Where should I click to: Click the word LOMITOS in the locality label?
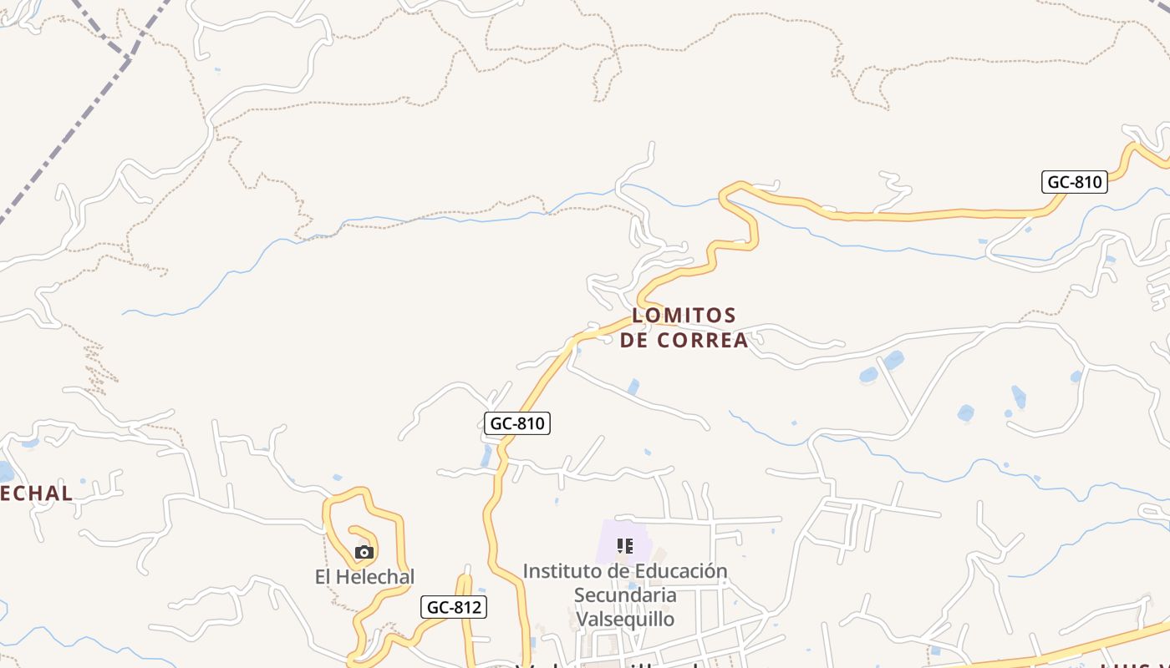684,316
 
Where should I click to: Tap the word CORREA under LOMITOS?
702,341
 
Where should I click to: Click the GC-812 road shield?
453,607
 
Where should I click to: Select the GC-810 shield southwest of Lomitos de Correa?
517,423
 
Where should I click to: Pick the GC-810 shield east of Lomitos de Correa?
1075,182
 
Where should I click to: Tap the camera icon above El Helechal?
364,552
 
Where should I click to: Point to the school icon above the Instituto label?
624,547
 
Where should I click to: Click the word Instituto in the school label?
561,572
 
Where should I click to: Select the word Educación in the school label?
681,572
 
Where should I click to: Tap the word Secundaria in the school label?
625,595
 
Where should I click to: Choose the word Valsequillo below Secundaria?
625,620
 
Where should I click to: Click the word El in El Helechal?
324,577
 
